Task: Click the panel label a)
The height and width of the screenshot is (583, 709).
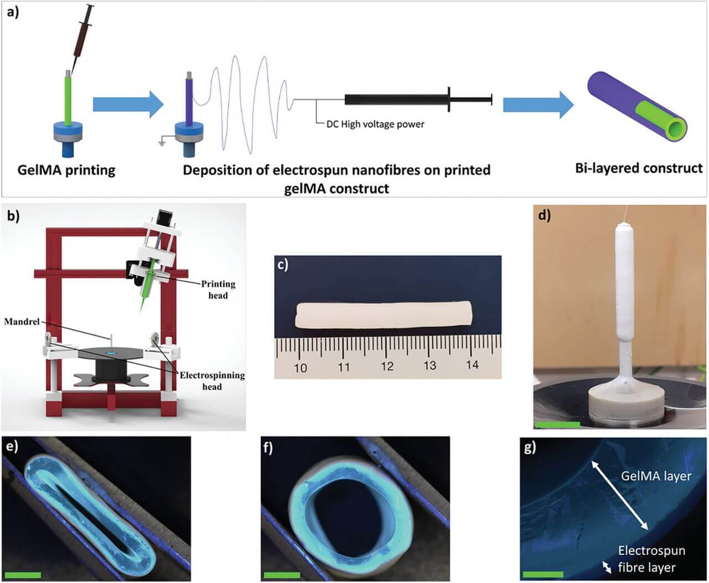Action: [12, 12]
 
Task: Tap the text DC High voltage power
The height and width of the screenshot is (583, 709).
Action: [375, 124]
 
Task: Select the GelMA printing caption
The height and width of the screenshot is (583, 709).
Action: [66, 169]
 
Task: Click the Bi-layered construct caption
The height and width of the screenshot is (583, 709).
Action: [639, 168]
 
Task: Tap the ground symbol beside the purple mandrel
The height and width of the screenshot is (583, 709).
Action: [162, 143]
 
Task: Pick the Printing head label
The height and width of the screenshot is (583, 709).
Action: [218, 290]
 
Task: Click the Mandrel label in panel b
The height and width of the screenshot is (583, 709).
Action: [22, 321]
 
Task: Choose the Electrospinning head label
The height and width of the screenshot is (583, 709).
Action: [212, 381]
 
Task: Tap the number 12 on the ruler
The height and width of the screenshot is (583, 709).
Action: [387, 366]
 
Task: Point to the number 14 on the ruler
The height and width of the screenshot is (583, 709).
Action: [472, 364]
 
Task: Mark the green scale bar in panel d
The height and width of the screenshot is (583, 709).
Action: [558, 425]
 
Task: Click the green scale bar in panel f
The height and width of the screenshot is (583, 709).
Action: [282, 575]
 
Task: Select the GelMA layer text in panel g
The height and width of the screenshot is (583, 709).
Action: [656, 476]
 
